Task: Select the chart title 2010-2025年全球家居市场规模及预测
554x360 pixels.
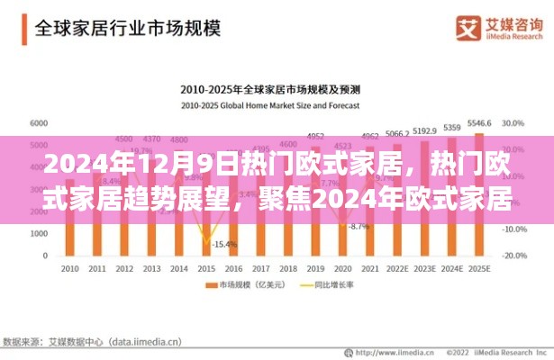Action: click(270, 90)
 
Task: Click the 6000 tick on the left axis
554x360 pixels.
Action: click(39, 122)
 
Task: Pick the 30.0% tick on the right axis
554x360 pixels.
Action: click(514, 122)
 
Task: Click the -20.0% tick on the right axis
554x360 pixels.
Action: click(514, 255)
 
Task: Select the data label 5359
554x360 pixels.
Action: click(453, 127)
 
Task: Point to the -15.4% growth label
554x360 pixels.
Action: click(226, 244)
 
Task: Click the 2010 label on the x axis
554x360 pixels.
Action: click(69, 269)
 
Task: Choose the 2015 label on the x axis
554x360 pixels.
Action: click(206, 269)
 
